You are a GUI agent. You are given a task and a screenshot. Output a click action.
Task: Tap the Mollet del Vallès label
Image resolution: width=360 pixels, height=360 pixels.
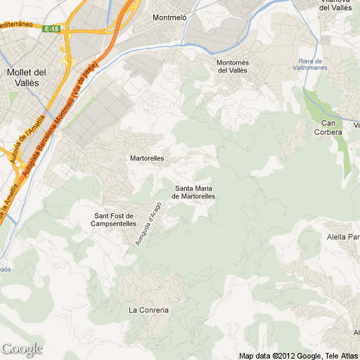pyautogui.click(x=26, y=77)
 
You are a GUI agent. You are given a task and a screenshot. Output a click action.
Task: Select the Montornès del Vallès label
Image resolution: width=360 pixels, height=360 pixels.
pyautogui.click(x=232, y=66)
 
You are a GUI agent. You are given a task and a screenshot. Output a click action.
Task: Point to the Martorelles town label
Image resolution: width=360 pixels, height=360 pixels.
pyautogui.click(x=147, y=158)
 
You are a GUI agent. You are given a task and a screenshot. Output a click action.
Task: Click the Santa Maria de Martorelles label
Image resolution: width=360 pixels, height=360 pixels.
pyautogui.click(x=195, y=192)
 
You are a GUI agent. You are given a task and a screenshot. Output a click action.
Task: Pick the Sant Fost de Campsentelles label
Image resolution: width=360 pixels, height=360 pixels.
pyautogui.click(x=113, y=219)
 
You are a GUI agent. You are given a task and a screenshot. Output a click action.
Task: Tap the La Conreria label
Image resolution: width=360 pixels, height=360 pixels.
pyautogui.click(x=149, y=310)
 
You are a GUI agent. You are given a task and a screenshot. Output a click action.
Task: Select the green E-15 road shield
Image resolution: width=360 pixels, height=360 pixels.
pyautogui.click(x=51, y=29)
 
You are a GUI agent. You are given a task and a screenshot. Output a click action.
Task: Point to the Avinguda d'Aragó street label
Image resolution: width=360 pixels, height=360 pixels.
pyautogui.click(x=148, y=224)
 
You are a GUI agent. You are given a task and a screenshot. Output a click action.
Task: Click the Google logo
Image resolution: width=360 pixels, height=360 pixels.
pyautogui.click(x=22, y=349)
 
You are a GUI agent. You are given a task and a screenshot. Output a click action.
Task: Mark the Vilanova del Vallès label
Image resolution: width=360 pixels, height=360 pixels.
pyautogui.click(x=336, y=4)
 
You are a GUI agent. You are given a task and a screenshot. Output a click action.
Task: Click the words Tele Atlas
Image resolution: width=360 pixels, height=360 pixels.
pyautogui.click(x=342, y=355)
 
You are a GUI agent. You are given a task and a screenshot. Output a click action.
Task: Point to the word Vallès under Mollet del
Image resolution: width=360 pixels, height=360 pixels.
pyautogui.click(x=26, y=82)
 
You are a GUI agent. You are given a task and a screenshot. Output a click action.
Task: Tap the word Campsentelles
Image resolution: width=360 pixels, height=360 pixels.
pyautogui.click(x=113, y=224)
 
